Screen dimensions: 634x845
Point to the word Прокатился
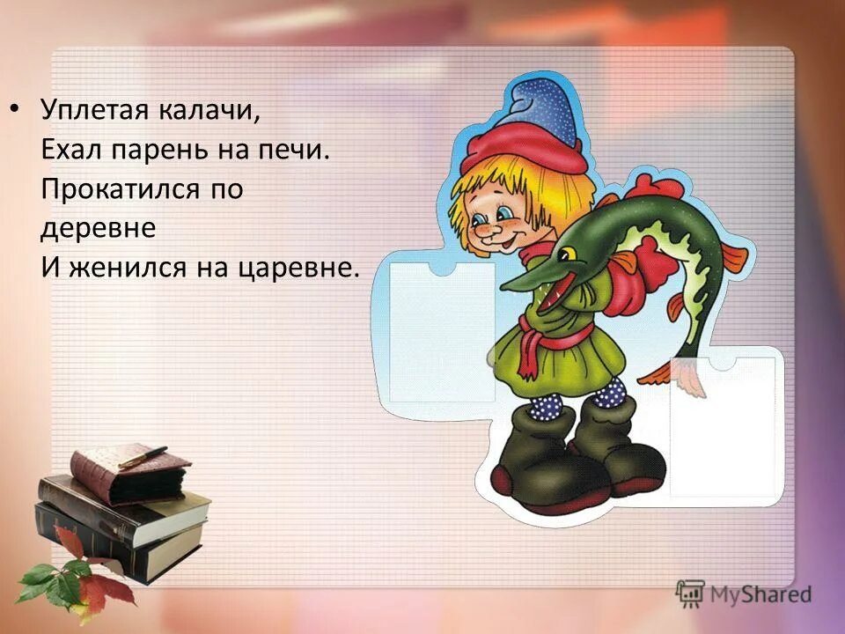click(110, 189)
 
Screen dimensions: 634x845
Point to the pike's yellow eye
click(568, 254)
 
